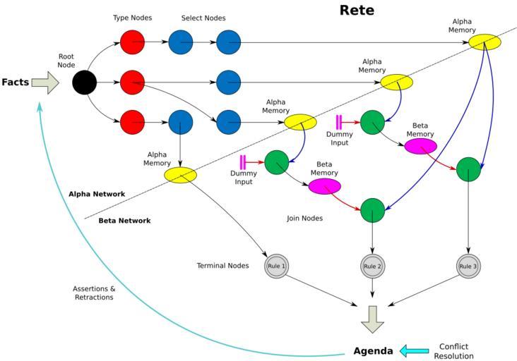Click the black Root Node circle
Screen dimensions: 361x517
click(84, 82)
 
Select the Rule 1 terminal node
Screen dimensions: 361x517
click(276, 266)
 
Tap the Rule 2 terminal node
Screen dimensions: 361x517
click(372, 266)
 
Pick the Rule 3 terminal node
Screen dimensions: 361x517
click(468, 266)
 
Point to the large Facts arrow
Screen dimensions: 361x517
click(46, 82)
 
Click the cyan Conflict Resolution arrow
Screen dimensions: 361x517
click(414, 350)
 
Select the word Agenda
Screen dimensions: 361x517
click(373, 350)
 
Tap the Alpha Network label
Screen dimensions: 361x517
click(97, 194)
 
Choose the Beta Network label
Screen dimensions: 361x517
click(124, 220)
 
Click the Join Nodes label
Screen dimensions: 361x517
click(304, 219)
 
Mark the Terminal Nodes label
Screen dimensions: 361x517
click(223, 266)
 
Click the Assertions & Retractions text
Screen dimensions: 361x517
click(93, 293)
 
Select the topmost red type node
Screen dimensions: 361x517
click(132, 42)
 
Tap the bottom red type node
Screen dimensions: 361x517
click(132, 122)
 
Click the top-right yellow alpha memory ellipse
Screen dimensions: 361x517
click(485, 42)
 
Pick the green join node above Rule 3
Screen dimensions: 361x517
click(468, 169)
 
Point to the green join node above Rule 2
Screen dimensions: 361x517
click(372, 209)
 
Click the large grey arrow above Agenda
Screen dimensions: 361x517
click(372, 319)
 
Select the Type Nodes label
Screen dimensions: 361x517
click(132, 18)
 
